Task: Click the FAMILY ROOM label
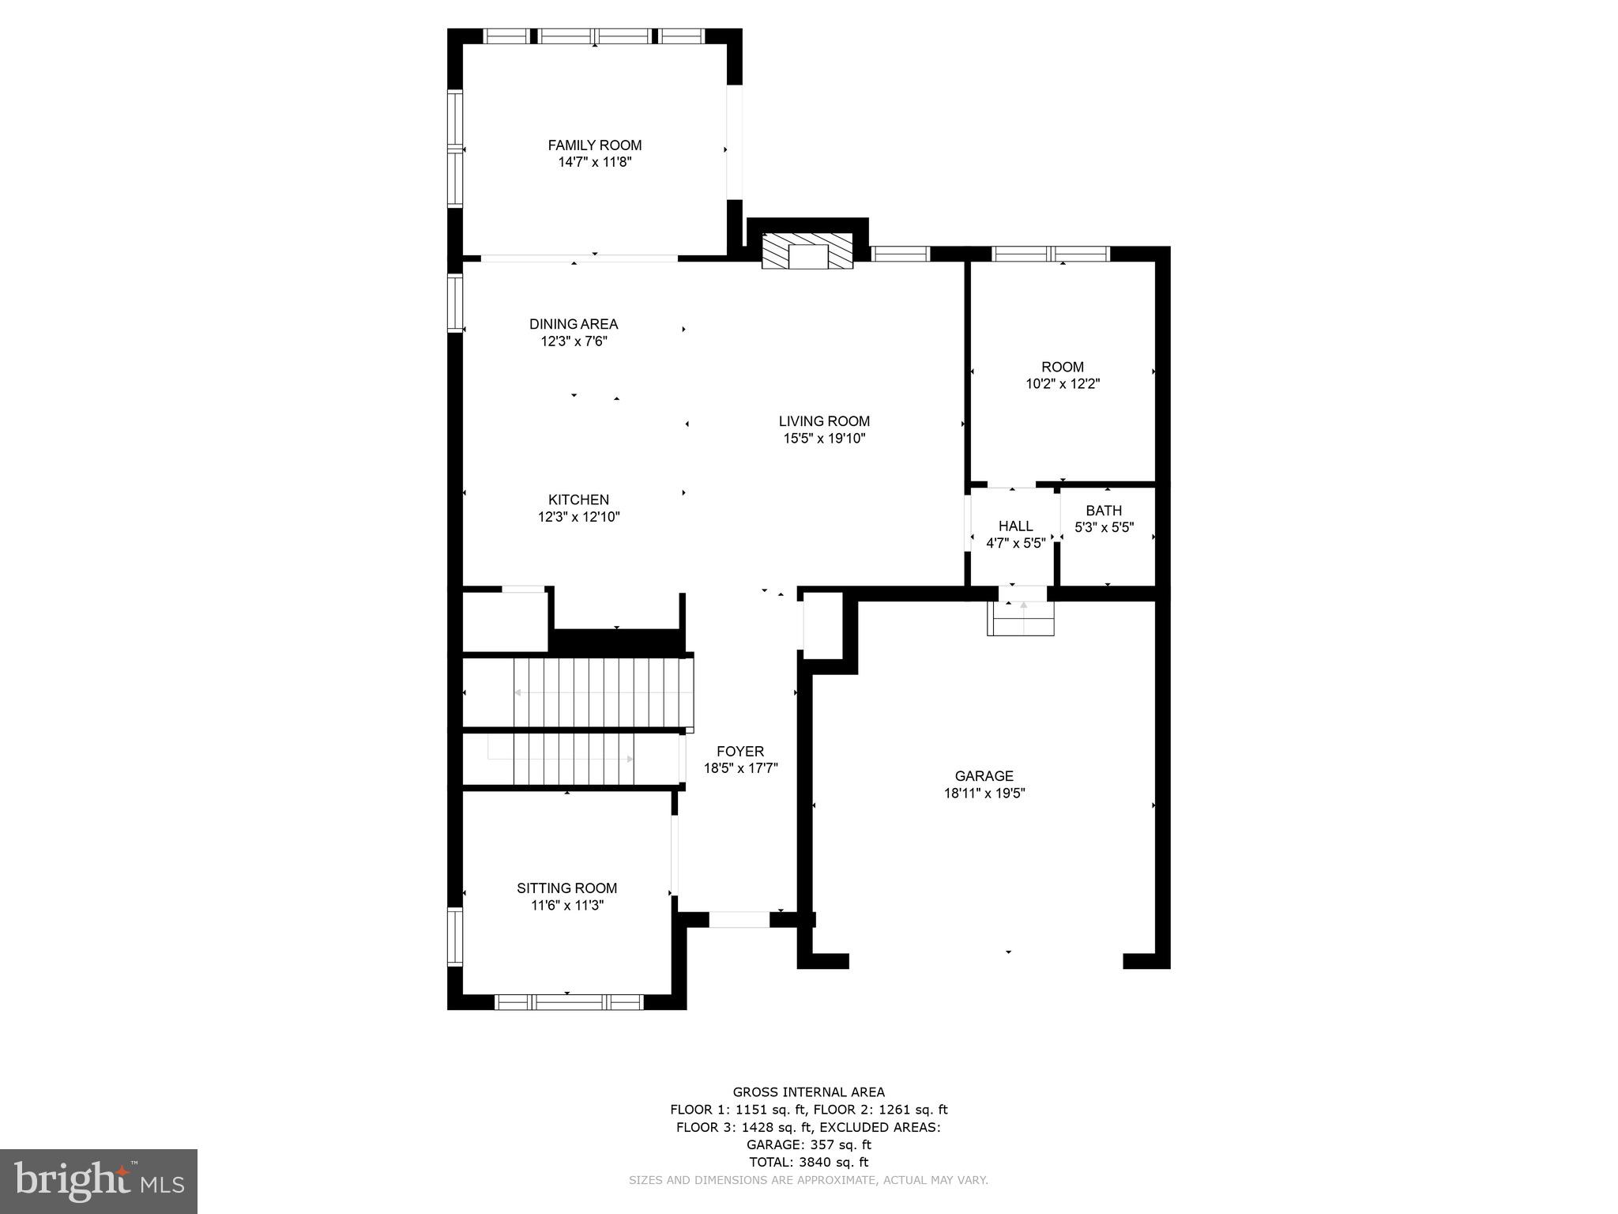[594, 145]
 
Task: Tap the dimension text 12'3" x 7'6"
[574, 341]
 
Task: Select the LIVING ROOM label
[824, 421]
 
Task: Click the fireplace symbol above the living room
[807, 251]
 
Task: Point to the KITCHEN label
[578, 500]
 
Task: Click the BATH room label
[1104, 511]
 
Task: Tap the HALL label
[1015, 526]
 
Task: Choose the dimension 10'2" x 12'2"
[1062, 384]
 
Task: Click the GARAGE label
[984, 776]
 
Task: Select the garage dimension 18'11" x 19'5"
[984, 794]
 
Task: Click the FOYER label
[740, 751]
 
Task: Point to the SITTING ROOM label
[566, 888]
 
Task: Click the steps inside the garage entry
[1021, 619]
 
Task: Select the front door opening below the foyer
[739, 919]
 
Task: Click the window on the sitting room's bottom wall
[569, 1002]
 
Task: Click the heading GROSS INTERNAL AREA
[808, 1092]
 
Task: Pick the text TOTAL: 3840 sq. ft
[808, 1162]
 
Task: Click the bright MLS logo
[99, 1180]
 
